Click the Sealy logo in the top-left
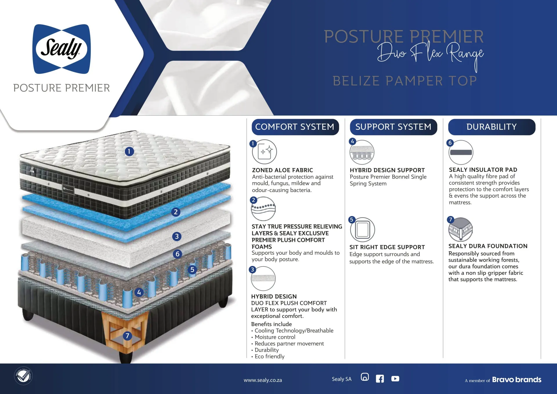tap(62, 49)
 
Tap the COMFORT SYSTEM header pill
tap(295, 127)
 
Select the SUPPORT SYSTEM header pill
tap(393, 127)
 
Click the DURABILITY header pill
tap(492, 127)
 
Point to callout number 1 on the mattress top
tap(129, 151)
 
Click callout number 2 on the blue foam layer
tap(176, 212)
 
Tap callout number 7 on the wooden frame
tap(127, 336)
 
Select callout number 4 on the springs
tap(139, 292)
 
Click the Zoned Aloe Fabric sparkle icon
tap(265, 152)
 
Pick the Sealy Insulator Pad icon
tap(461, 152)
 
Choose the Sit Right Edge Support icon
tap(363, 229)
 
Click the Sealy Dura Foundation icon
tap(461, 229)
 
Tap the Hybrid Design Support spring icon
tap(362, 152)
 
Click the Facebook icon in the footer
tap(380, 379)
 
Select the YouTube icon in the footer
tap(395, 379)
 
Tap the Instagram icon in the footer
tap(365, 377)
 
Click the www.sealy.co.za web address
tap(263, 380)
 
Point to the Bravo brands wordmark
tap(517, 379)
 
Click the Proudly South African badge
tap(23, 376)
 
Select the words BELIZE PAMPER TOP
tap(405, 81)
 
